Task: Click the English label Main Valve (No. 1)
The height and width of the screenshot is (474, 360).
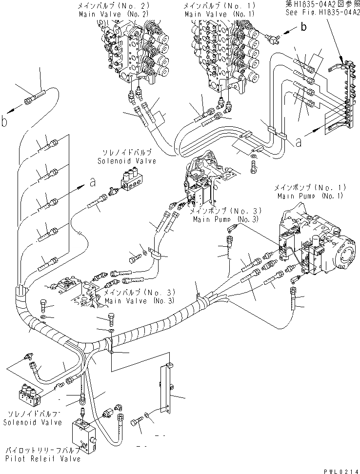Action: pos(213,14)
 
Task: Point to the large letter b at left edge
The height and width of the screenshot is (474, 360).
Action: pos(4,121)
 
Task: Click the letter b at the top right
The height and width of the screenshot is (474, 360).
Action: pos(303,27)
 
